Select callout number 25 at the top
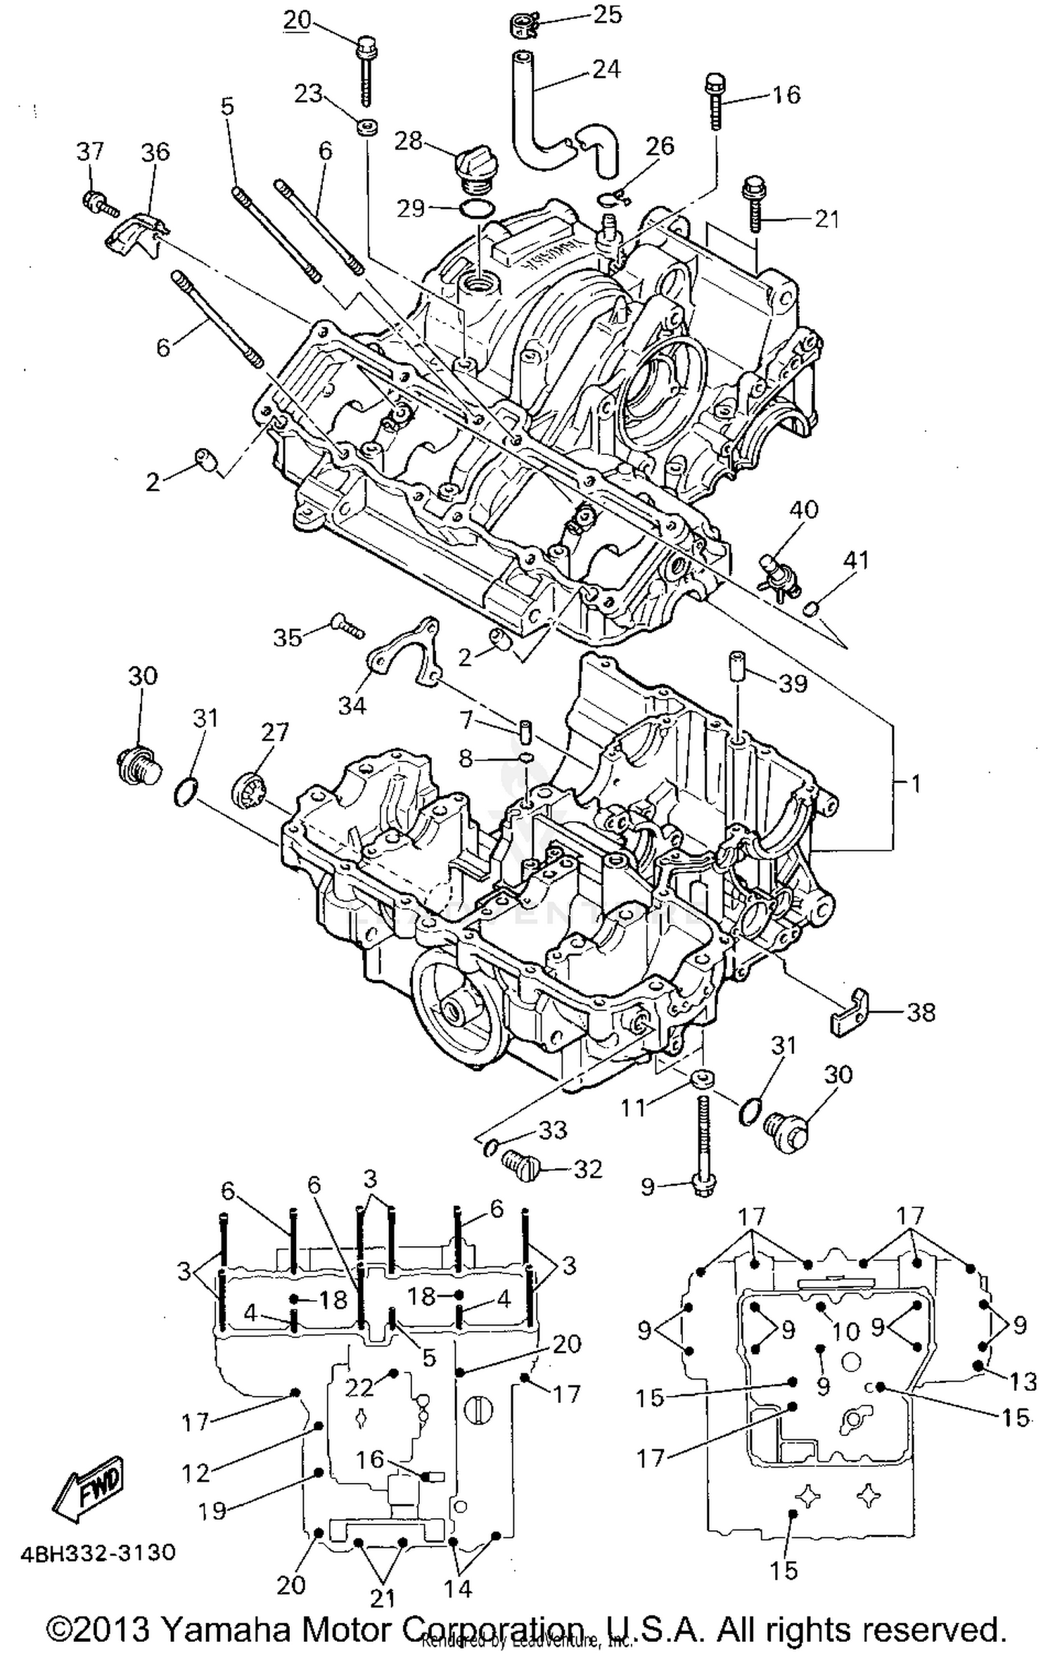[606, 15]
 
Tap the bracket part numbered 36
[135, 233]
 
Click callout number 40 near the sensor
[803, 509]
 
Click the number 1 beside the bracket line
[915, 782]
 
